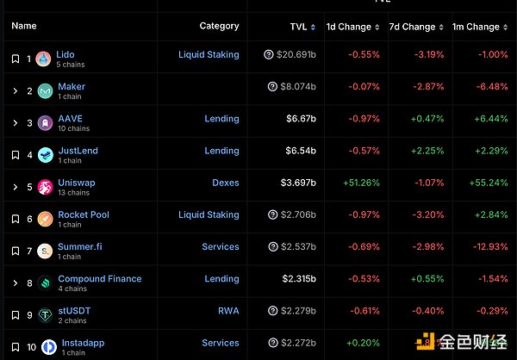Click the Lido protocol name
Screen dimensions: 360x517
pyautogui.click(x=65, y=54)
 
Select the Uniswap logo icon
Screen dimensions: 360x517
pyautogui.click(x=45, y=187)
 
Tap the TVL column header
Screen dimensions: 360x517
pyautogui.click(x=298, y=27)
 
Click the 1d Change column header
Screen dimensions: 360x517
pyautogui.click(x=348, y=27)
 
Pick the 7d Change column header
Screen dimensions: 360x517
pyautogui.click(x=413, y=27)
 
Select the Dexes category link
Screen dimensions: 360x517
pyautogui.click(x=225, y=183)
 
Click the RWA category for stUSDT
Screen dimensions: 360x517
pyautogui.click(x=228, y=311)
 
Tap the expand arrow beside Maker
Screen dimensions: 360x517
pyautogui.click(x=15, y=91)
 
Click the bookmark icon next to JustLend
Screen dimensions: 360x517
pyautogui.click(x=15, y=155)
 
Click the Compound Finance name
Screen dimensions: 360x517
pyautogui.click(x=99, y=279)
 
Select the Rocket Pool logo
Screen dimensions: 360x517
pyautogui.click(x=45, y=219)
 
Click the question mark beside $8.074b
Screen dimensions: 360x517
pyautogui.click(x=272, y=87)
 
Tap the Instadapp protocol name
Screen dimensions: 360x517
pyautogui.click(x=83, y=343)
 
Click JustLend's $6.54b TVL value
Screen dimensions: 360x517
pyautogui.click(x=301, y=151)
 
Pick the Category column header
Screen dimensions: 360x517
pyautogui.click(x=219, y=27)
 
